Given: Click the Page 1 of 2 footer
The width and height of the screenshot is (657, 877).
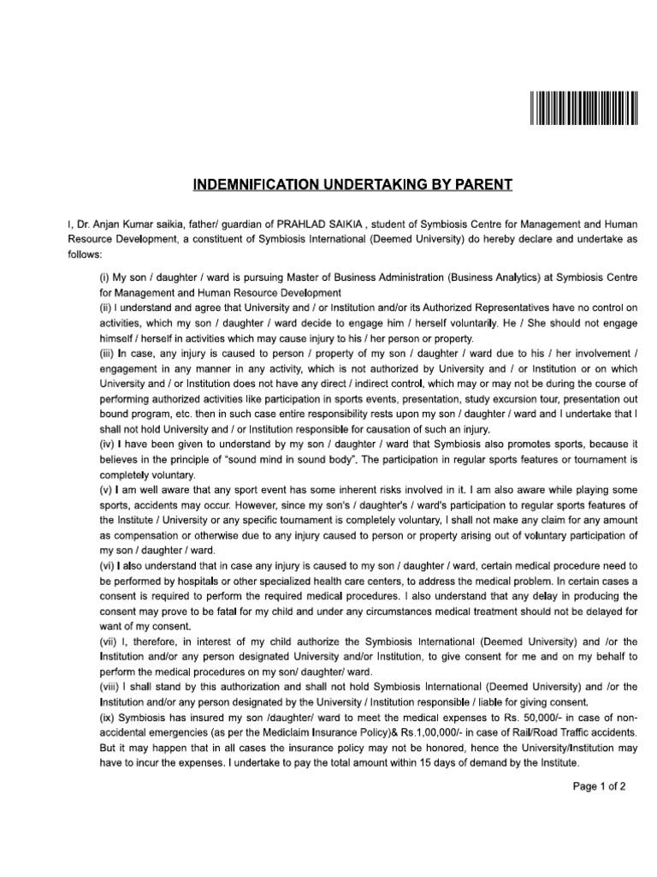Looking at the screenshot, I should click(600, 786).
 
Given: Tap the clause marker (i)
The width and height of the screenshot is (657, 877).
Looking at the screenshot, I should click(106, 277).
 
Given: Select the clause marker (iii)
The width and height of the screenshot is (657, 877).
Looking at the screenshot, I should click(109, 354).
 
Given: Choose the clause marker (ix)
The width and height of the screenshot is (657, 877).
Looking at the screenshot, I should click(109, 717).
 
